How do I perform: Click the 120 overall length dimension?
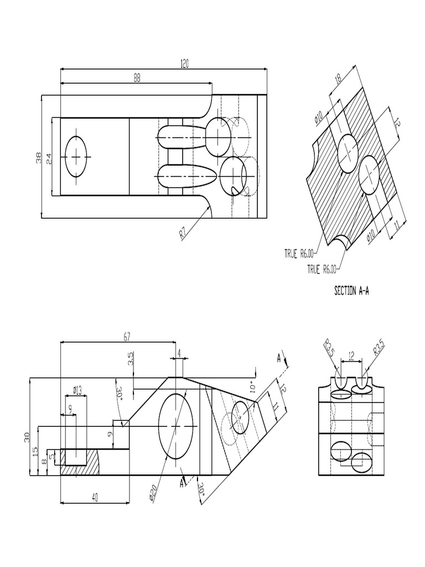[x=184, y=64]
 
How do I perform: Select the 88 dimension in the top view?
[x=137, y=78]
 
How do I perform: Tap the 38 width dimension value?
[x=38, y=158]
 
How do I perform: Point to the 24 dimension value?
[x=49, y=158]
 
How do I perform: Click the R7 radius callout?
[x=184, y=233]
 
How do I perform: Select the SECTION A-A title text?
[x=352, y=290]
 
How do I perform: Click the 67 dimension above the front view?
[x=127, y=337]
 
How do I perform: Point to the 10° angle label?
[x=253, y=388]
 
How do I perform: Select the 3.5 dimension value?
[x=131, y=359]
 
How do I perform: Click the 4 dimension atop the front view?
[x=179, y=353]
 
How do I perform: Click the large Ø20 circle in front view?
[x=177, y=426]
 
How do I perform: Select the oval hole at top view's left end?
[x=76, y=156]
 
